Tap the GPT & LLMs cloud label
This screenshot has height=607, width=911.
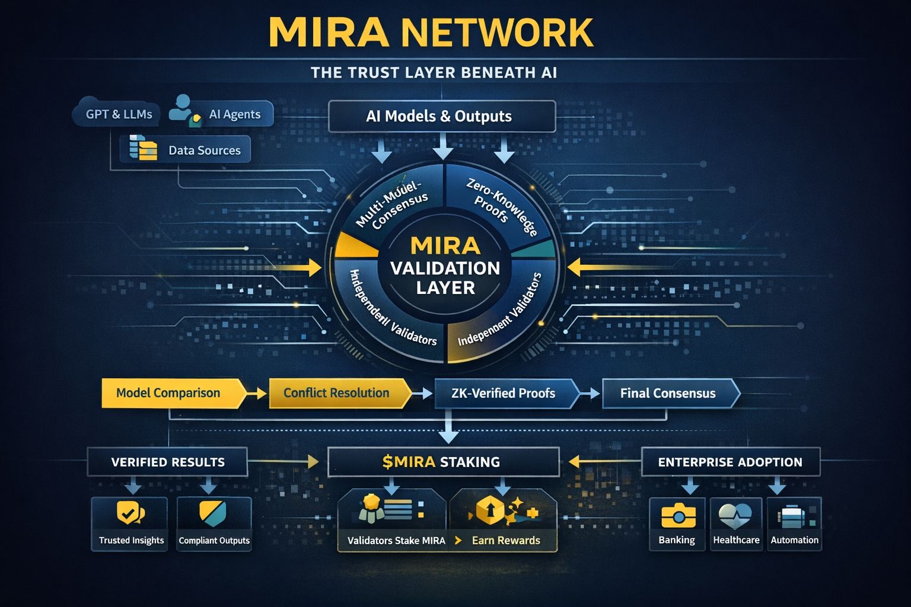point(119,114)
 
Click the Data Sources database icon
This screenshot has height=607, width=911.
point(143,148)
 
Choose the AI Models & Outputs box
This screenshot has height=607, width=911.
point(441,116)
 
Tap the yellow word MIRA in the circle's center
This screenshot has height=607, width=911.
point(445,245)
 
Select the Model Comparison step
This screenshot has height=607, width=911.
point(168,393)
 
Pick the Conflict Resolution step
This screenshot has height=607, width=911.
point(336,393)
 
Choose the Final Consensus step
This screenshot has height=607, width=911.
point(668,393)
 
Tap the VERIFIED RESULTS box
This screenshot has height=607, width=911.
point(168,462)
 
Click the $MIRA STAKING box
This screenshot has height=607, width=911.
point(442,462)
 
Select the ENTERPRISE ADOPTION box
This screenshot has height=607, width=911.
point(730,462)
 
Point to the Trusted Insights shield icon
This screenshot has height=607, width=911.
point(130,513)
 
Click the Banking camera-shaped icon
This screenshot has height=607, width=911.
point(677,515)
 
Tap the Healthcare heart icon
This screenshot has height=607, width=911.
point(735,515)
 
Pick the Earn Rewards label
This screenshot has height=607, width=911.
point(506,541)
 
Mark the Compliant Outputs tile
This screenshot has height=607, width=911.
point(214,524)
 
